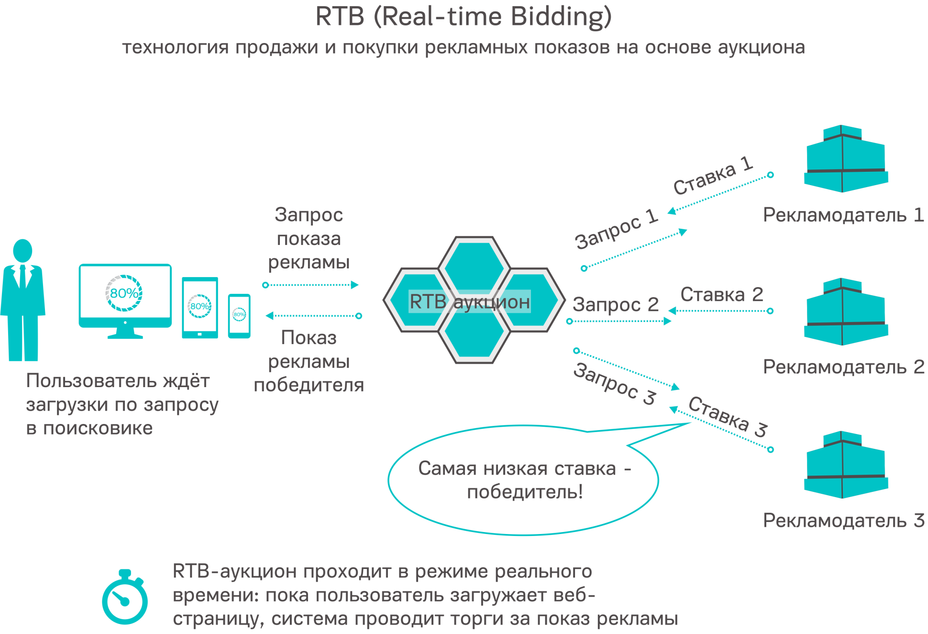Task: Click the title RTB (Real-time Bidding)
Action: tap(463, 16)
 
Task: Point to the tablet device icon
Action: tap(199, 308)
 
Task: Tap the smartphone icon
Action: tap(239, 315)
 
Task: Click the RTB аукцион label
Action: tap(469, 302)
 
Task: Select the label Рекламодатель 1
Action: tap(843, 215)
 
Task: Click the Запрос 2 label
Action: tap(615, 305)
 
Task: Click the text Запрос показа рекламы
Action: tap(309, 238)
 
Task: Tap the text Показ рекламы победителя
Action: tap(309, 362)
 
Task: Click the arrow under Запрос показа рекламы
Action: tap(311, 285)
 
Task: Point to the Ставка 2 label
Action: tap(721, 295)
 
